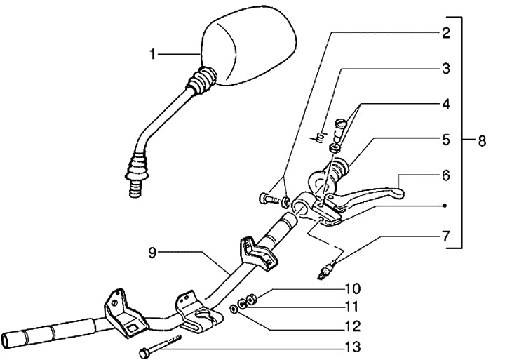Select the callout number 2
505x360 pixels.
[445, 32]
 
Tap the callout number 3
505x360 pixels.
[445, 69]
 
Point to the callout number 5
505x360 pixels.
[445, 140]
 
